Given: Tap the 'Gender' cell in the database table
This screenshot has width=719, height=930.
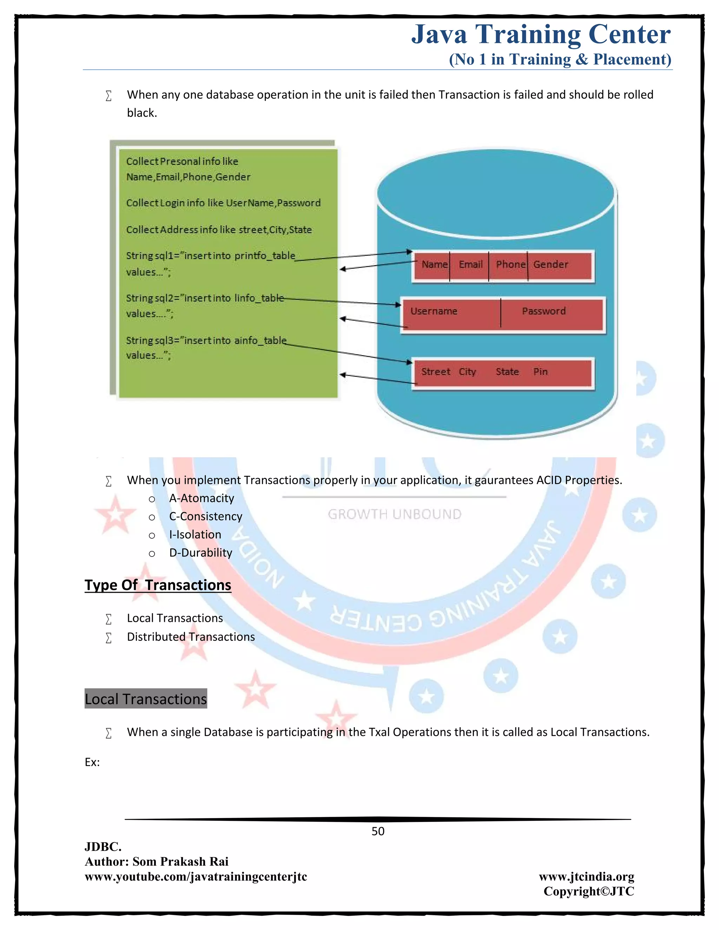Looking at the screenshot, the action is [550, 265].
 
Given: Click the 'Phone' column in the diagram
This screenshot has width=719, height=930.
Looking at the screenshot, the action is [510, 265].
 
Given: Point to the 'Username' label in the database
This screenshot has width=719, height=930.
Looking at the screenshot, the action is [434, 311].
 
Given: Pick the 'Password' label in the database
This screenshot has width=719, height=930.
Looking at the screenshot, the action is [543, 311].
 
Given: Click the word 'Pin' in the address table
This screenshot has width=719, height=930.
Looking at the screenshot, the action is [540, 372].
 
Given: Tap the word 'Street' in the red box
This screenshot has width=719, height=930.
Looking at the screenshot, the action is [435, 372].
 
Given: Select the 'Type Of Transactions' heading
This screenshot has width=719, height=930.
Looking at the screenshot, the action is [158, 585].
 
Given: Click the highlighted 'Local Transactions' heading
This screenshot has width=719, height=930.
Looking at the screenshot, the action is [146, 699].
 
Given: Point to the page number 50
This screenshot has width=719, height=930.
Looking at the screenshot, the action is [378, 831].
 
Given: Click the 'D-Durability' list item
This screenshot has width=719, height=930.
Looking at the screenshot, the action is [200, 553].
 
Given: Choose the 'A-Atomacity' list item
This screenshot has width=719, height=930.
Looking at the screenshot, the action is [202, 498].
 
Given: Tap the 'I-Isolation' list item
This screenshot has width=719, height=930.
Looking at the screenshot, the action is [195, 534].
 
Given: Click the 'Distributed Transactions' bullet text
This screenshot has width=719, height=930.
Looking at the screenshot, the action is [191, 637].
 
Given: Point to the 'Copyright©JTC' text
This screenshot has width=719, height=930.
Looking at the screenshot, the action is [589, 891].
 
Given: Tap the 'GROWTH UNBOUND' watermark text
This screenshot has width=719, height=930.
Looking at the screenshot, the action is [394, 514].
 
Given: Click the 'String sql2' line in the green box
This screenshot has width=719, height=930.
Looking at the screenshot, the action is [204, 298].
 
